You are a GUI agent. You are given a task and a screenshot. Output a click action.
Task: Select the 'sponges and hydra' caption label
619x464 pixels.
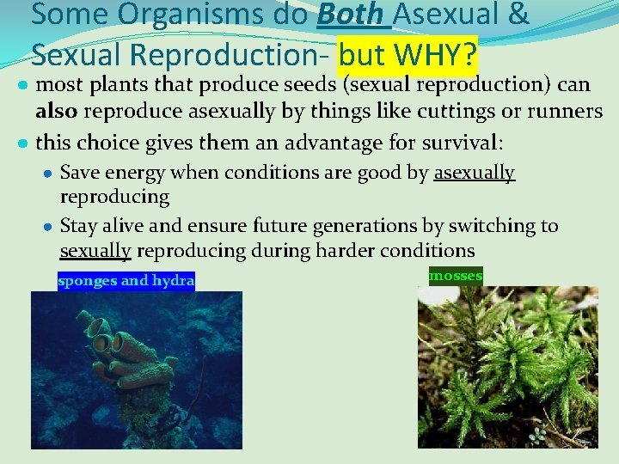pyautogui.click(x=126, y=281)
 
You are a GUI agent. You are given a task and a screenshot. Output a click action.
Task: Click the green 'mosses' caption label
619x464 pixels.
pyautogui.click(x=456, y=276)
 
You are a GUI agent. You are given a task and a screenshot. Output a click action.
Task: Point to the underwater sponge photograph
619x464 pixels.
pyautogui.click(x=137, y=369)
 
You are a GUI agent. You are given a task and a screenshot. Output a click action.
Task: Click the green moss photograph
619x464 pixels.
pyautogui.click(x=507, y=366)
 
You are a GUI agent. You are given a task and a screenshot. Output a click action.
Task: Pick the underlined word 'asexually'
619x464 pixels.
pyautogui.click(x=474, y=173)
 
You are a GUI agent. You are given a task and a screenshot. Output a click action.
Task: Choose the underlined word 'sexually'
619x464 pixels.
pyautogui.click(x=95, y=250)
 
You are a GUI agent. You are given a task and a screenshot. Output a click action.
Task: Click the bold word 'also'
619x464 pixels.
pyautogui.click(x=56, y=112)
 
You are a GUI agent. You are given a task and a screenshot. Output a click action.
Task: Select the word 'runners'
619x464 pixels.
pyautogui.click(x=568, y=112)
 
